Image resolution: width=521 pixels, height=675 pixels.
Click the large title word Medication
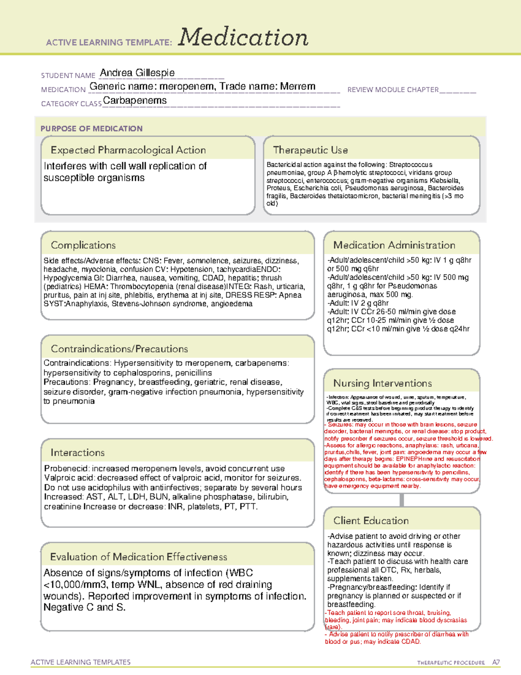point(243,37)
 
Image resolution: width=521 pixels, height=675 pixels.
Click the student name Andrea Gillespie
point(137,73)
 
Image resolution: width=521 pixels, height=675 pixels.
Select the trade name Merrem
point(297,86)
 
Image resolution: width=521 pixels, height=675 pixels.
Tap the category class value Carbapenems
point(135,100)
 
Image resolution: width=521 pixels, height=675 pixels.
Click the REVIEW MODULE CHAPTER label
point(393,90)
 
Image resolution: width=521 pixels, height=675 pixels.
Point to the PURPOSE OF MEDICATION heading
point(91,129)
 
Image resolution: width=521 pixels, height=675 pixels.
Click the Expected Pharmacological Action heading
point(128,150)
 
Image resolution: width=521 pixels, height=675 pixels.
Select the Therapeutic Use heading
point(310,150)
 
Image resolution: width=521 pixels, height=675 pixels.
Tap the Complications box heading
point(83,245)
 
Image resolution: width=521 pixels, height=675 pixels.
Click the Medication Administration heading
point(394,245)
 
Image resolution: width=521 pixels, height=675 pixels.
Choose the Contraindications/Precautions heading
point(119,349)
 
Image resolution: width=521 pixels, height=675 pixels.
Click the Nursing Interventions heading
point(382,383)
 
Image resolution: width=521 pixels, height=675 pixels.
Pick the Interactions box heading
point(77,452)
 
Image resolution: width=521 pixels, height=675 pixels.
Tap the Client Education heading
point(371,521)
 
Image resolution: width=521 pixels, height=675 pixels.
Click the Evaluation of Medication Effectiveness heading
point(138,557)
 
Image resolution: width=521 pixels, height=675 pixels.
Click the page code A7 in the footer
point(496,662)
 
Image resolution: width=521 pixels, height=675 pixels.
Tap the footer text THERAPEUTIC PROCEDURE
point(451,663)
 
